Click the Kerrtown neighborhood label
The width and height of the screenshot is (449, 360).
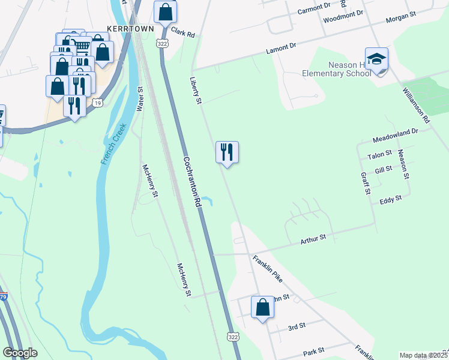[x=130, y=28]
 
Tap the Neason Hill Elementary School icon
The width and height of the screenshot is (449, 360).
[x=376, y=60]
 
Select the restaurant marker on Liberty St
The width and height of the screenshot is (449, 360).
[x=227, y=152]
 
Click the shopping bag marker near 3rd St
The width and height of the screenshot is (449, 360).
[x=262, y=307]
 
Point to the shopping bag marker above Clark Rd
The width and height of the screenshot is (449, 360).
[x=165, y=12]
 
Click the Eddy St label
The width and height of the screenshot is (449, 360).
[x=390, y=199]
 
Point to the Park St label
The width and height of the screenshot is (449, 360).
[x=313, y=350]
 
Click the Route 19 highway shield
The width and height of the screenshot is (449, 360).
[x=98, y=103]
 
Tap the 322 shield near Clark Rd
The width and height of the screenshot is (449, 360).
[x=161, y=43]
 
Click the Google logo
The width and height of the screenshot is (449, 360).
[x=20, y=353]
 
